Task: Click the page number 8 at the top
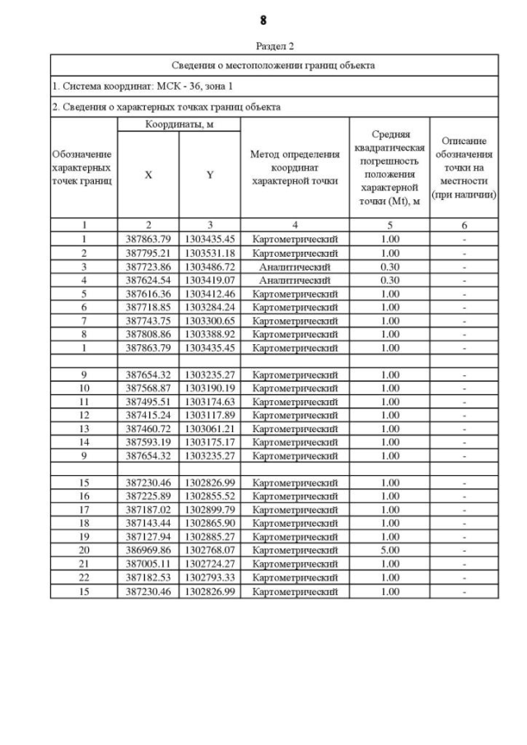[x=263, y=19]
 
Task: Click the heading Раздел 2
[x=263, y=46]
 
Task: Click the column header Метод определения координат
[x=294, y=167]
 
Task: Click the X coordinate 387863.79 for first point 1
[x=147, y=240]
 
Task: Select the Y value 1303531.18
[x=209, y=254]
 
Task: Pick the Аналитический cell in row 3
[x=294, y=267]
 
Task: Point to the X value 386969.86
[x=147, y=551]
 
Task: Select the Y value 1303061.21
[x=209, y=429]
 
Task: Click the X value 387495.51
[x=147, y=402]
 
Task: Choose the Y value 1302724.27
[x=209, y=564]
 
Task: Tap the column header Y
[x=209, y=175]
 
